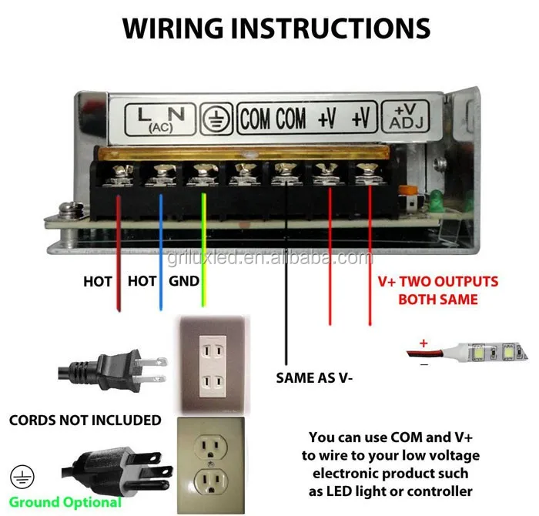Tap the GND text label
184,282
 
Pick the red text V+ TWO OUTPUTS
437,282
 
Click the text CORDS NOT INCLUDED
85,421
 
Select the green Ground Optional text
65,502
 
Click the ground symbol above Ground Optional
18,474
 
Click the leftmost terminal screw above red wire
119,176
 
